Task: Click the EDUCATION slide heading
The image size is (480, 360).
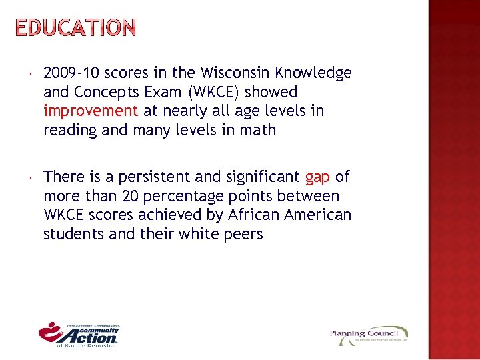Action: (x=75, y=28)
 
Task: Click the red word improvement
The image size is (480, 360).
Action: (x=91, y=111)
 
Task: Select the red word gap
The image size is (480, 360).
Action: (x=317, y=177)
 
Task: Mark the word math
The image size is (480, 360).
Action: (x=259, y=130)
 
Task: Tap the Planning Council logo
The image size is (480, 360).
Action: (x=369, y=335)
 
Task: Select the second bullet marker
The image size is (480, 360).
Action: (x=31, y=177)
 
